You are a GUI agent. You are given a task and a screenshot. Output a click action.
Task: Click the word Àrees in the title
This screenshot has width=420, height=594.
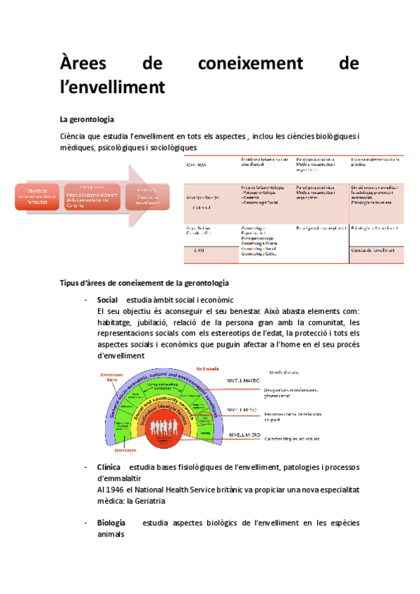[83, 64]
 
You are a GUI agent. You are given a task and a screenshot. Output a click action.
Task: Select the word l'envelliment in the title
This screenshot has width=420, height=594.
[113, 87]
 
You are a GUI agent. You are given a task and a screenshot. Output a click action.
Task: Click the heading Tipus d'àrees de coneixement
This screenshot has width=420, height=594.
[144, 282]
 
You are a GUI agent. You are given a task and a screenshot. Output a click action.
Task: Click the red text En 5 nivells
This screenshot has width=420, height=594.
[208, 368]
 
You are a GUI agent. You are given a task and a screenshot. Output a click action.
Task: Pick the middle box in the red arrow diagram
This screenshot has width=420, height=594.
[92, 196]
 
